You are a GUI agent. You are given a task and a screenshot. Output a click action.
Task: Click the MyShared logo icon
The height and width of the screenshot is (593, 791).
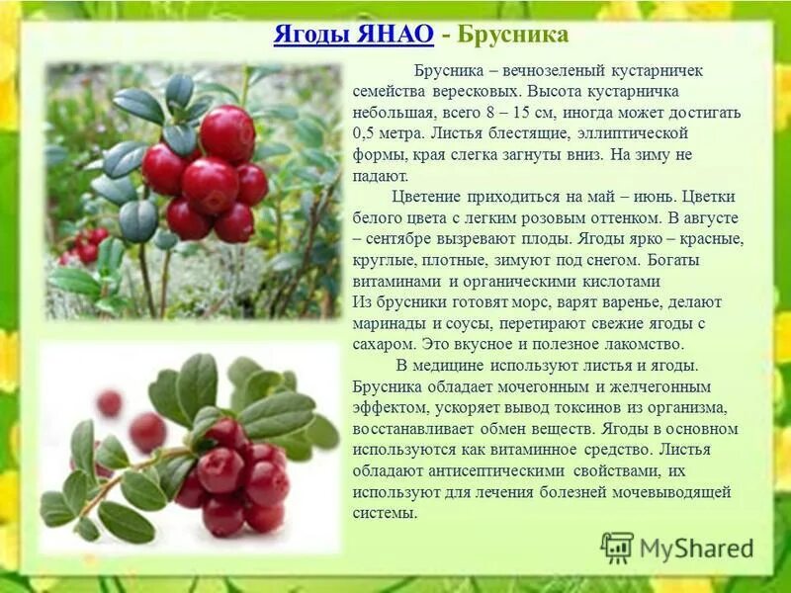tap(617, 547)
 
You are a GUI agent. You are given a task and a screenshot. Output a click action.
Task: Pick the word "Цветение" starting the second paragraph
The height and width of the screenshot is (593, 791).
tap(426, 196)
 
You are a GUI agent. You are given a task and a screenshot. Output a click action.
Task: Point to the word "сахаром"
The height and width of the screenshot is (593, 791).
tap(382, 344)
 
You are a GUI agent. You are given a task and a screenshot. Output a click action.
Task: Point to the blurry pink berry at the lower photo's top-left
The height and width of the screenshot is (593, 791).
tap(109, 402)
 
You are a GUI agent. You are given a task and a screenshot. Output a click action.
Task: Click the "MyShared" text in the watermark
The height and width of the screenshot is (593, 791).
tap(696, 548)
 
